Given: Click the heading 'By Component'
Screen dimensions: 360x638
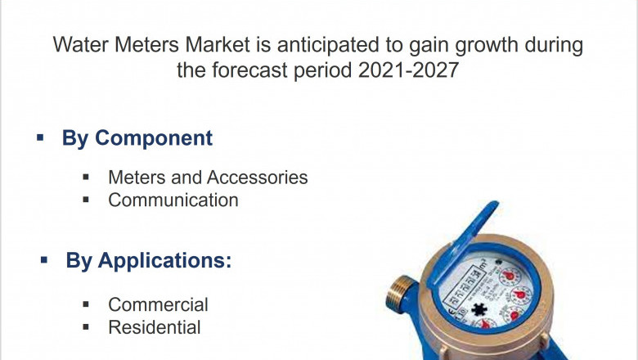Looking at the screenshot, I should (137, 138).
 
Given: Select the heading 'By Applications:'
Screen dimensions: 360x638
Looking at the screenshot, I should (148, 261).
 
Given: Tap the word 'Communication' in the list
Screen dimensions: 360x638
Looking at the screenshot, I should (173, 200).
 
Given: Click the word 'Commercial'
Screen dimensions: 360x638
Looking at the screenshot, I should (158, 304).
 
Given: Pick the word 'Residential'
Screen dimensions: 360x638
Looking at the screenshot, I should (154, 327).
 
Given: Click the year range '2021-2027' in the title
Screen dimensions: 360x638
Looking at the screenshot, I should (409, 70).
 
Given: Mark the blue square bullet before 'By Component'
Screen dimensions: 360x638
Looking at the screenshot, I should (40, 137).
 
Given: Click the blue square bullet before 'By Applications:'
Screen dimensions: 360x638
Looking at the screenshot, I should (43, 260).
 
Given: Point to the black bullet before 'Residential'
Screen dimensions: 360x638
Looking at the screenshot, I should (87, 327).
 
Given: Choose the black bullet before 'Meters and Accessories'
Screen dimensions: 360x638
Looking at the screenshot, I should (87, 177).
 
